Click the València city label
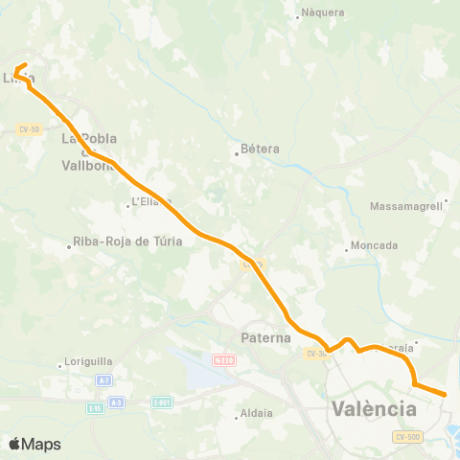pyautogui.click(x=374, y=409)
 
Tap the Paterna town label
pyautogui.click(x=264, y=338)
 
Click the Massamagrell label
pyautogui.click(x=406, y=206)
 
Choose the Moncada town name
pyautogui.click(x=375, y=245)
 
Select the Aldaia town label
pyautogui.click(x=258, y=414)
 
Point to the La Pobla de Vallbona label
pyautogui.click(x=88, y=151)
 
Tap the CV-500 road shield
pyautogui.click(x=407, y=437)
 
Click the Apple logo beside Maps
pyautogui.click(x=14, y=444)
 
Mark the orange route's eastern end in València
pyautogui.click(x=445, y=394)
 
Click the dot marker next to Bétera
pyautogui.click(x=237, y=151)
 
